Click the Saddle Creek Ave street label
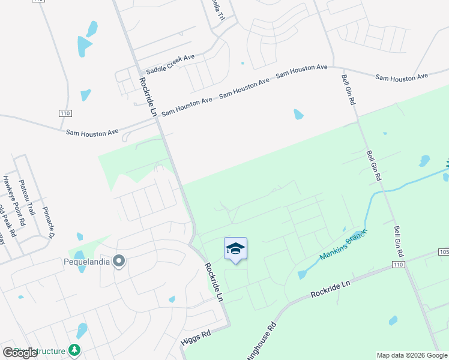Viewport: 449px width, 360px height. [171, 64]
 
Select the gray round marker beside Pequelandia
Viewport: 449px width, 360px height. [119, 260]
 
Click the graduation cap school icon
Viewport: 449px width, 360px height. [235, 249]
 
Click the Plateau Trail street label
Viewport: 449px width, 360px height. [28, 197]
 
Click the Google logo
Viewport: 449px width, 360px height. [20, 353]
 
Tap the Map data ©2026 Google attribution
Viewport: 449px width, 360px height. [412, 355]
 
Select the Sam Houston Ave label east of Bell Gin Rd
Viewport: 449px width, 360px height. [402, 77]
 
